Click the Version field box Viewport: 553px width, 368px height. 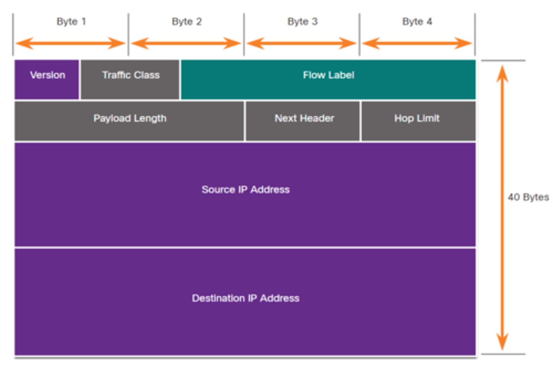(47, 79)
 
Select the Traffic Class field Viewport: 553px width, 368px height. (130, 79)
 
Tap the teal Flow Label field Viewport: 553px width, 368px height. (328, 79)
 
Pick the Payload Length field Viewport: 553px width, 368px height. (129, 121)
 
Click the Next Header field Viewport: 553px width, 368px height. (304, 121)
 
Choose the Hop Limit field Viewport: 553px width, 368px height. (417, 121)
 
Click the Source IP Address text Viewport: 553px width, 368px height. (245, 190)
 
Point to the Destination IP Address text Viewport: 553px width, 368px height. (245, 298)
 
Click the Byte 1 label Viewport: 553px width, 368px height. (71, 21)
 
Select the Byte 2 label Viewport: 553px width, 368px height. (187, 21)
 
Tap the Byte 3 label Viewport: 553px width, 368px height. (303, 21)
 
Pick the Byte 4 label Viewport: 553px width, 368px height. (417, 21)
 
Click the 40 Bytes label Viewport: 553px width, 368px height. (528, 197)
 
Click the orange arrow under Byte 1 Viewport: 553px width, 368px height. (71, 43)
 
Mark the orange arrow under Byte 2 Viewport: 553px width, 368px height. (186, 43)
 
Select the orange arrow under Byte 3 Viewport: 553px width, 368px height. (302, 43)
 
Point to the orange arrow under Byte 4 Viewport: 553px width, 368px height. (417, 43)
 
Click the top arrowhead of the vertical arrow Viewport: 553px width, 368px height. (502, 73)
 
